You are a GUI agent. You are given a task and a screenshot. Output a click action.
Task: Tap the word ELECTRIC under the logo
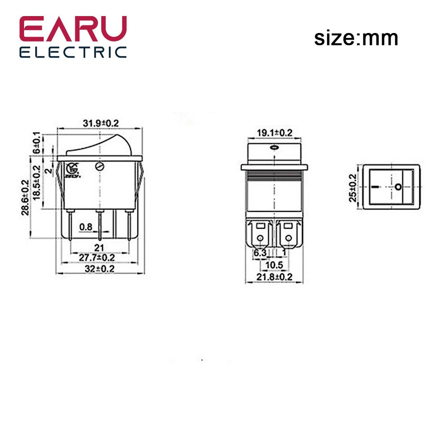[x=73, y=52]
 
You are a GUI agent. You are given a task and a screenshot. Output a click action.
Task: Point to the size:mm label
[x=356, y=38]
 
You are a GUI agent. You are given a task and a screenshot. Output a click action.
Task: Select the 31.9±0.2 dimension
[x=101, y=123]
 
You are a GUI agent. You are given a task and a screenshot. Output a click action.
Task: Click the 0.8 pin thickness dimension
[x=86, y=227]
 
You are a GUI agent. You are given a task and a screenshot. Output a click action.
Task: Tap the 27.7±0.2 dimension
[x=97, y=258]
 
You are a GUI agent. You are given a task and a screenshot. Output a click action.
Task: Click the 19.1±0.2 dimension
[x=274, y=132]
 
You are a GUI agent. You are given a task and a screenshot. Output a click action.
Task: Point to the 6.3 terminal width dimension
[x=260, y=253]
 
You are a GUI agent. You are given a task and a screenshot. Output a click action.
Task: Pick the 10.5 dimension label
[x=274, y=265]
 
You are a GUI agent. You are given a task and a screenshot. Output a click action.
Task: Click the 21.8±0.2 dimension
[x=274, y=277]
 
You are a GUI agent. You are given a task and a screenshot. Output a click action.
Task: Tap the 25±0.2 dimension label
[x=353, y=187]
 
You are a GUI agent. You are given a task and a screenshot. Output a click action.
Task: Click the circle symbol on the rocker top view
[x=397, y=186]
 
